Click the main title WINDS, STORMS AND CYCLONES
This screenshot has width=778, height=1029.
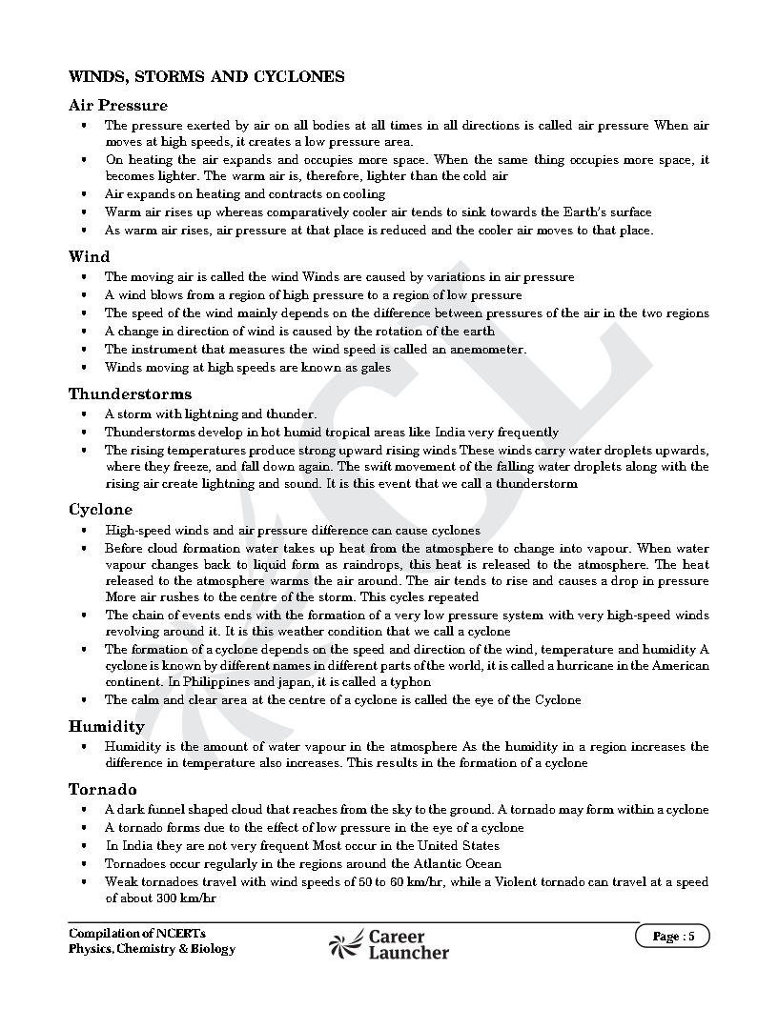coord(206,76)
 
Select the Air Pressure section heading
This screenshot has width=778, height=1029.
coord(117,105)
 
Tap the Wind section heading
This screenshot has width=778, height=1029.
coord(89,256)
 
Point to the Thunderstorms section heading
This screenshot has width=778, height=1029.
coord(130,393)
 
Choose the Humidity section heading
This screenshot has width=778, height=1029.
coord(106,726)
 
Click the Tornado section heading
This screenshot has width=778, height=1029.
coord(102,789)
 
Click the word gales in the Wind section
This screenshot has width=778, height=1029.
coord(374,367)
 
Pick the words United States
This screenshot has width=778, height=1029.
coord(459,845)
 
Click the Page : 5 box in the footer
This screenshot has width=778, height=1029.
coord(673,936)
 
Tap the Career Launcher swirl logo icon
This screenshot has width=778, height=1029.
coord(345,943)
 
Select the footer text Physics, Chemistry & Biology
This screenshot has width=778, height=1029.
coord(152,949)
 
